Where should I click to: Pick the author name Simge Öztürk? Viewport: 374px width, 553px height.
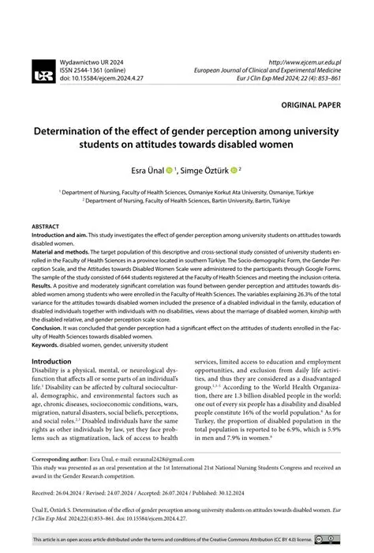click(x=208, y=169)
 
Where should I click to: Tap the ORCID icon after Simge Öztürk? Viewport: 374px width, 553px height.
click(x=234, y=169)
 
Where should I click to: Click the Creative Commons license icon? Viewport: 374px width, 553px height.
click(x=330, y=539)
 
